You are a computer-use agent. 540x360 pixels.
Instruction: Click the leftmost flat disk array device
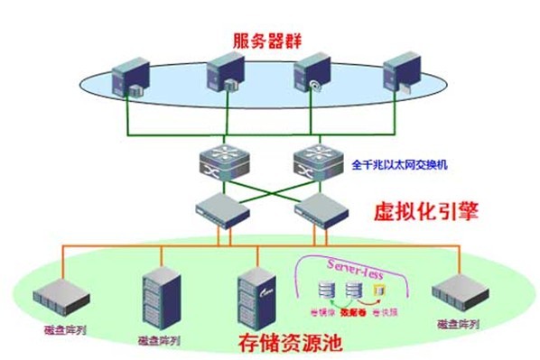pos(56,295)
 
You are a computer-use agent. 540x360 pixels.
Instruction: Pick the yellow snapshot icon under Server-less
pos(379,290)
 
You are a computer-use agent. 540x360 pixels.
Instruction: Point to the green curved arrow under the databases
pos(341,302)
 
